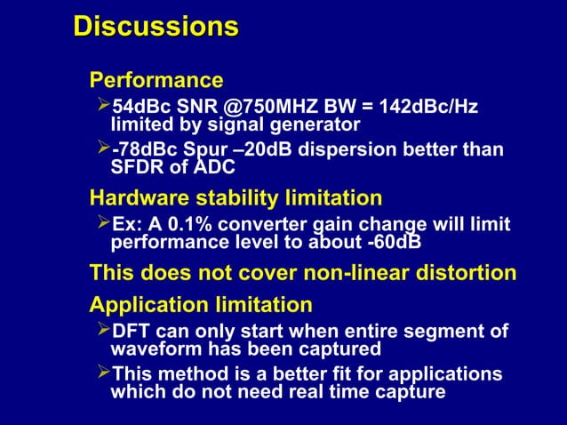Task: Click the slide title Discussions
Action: (156, 27)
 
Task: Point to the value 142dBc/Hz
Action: (428, 108)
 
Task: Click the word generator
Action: (315, 124)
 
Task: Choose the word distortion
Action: (470, 272)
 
